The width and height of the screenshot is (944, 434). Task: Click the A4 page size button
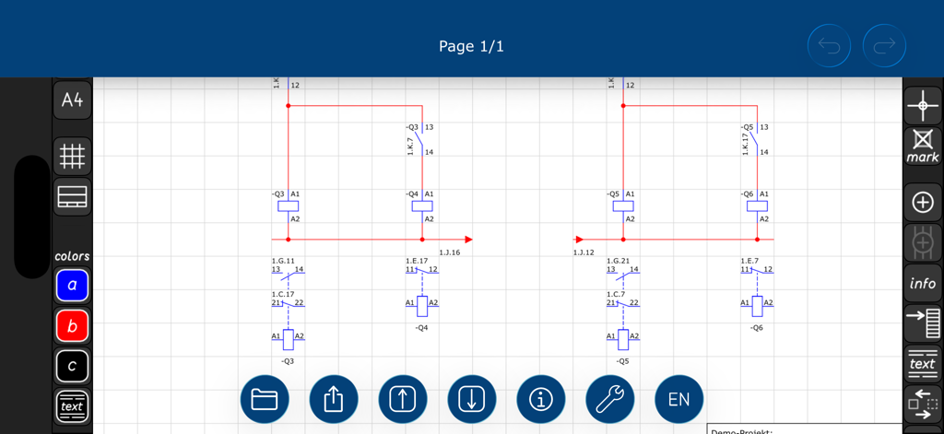click(x=72, y=100)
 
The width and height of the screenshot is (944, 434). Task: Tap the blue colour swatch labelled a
click(x=72, y=286)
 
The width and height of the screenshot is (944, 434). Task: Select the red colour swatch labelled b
click(x=72, y=325)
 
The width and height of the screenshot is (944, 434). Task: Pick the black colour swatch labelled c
click(x=72, y=366)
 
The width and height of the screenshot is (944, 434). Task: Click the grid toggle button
click(x=72, y=157)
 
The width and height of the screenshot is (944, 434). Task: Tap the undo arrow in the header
click(x=829, y=46)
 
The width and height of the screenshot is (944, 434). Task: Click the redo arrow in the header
click(x=884, y=46)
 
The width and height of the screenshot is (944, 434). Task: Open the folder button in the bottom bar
click(x=265, y=399)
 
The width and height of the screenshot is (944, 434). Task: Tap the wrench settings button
click(x=609, y=399)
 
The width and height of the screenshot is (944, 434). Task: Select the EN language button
click(x=678, y=399)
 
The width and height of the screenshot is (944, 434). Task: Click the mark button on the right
click(x=923, y=146)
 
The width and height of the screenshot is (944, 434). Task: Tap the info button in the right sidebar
click(x=923, y=283)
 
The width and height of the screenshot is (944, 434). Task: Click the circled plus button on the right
click(x=923, y=202)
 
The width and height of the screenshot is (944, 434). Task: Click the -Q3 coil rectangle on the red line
click(x=289, y=206)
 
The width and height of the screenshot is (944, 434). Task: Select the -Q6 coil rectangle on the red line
click(x=757, y=206)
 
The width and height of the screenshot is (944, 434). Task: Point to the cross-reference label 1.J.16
click(x=449, y=252)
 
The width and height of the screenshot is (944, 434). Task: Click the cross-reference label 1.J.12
click(x=584, y=252)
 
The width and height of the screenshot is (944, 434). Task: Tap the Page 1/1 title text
click(x=471, y=46)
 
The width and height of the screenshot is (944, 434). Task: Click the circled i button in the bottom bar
click(x=541, y=399)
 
